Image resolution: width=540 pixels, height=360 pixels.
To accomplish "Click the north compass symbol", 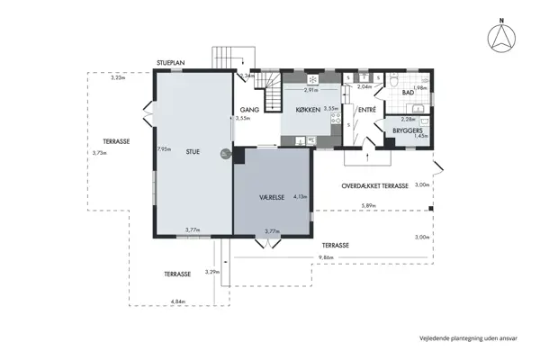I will pyautogui.click(x=499, y=37).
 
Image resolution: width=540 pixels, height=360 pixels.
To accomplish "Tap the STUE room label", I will pyautogui.click(x=193, y=152).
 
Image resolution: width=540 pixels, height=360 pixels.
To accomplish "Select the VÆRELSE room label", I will pyautogui.click(x=273, y=194).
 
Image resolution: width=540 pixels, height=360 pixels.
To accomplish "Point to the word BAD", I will pyautogui.click(x=408, y=93).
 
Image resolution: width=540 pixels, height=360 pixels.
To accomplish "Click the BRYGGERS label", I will pyautogui.click(x=408, y=130).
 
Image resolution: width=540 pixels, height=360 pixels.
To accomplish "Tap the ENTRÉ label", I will pyautogui.click(x=366, y=110).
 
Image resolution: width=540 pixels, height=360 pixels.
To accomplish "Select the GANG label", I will pyautogui.click(x=249, y=109).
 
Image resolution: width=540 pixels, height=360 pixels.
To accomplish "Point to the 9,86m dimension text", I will pyautogui.click(x=325, y=258).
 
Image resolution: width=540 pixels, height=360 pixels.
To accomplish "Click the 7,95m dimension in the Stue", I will pyautogui.click(x=163, y=148).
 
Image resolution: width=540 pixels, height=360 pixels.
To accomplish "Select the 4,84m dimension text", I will pyautogui.click(x=177, y=301).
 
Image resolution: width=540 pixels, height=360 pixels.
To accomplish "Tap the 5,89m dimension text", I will pyautogui.click(x=368, y=207).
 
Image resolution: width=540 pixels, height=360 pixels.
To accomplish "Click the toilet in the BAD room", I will pyautogui.click(x=396, y=81).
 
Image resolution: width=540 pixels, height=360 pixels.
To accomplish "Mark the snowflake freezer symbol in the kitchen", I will pyautogui.click(x=300, y=78).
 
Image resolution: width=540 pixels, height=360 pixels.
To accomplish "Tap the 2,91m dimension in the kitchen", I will pyautogui.click(x=310, y=90).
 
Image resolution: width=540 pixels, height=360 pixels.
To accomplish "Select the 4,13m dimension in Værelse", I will pyautogui.click(x=301, y=196).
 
